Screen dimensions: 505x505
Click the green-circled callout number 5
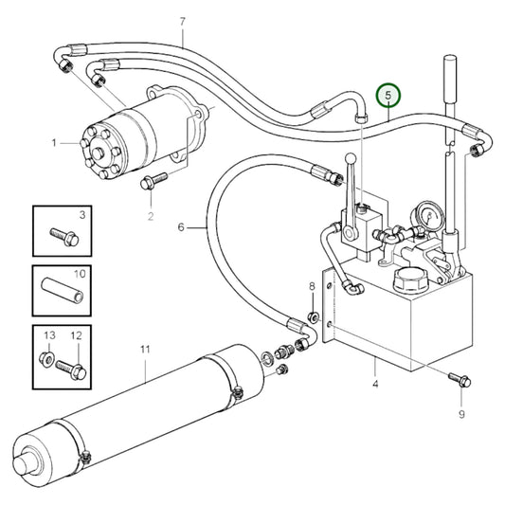pyautogui.click(x=388, y=96)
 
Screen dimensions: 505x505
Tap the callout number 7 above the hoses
pyautogui.click(x=182, y=20)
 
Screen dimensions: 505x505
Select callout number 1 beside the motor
pyautogui.click(x=56, y=143)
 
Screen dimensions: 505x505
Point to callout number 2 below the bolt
pyautogui.click(x=151, y=217)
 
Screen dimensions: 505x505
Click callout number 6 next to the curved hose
pyautogui.click(x=179, y=227)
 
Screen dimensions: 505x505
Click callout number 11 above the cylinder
pyautogui.click(x=145, y=351)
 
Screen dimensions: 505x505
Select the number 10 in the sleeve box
pyautogui.click(x=80, y=274)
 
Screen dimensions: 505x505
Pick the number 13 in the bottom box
pyautogui.click(x=50, y=336)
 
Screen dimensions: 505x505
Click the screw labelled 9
pyautogui.click(x=461, y=380)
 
